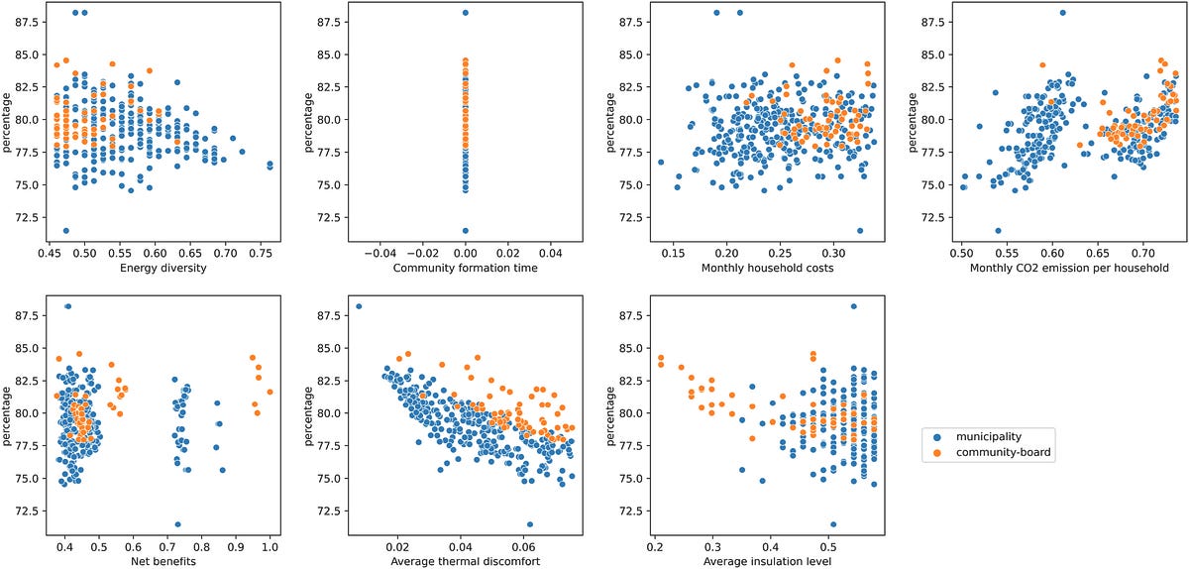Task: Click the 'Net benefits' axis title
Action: point(156,562)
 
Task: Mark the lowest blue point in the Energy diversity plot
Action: point(66,231)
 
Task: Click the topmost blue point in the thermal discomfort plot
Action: point(359,306)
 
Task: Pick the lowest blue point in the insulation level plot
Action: point(833,524)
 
